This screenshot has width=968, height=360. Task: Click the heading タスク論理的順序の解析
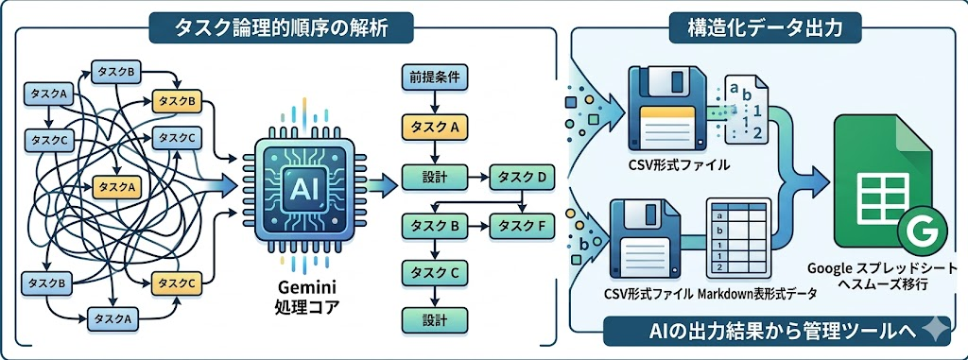(x=282, y=27)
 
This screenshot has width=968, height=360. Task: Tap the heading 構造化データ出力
(x=765, y=27)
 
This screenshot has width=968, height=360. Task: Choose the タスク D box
(x=522, y=179)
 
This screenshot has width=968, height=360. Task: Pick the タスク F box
(x=522, y=226)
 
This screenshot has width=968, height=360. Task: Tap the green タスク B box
(x=435, y=226)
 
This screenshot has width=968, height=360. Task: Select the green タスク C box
(x=435, y=272)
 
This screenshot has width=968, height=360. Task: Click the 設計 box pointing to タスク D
(x=435, y=179)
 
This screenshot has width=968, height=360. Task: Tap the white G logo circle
(x=923, y=233)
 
